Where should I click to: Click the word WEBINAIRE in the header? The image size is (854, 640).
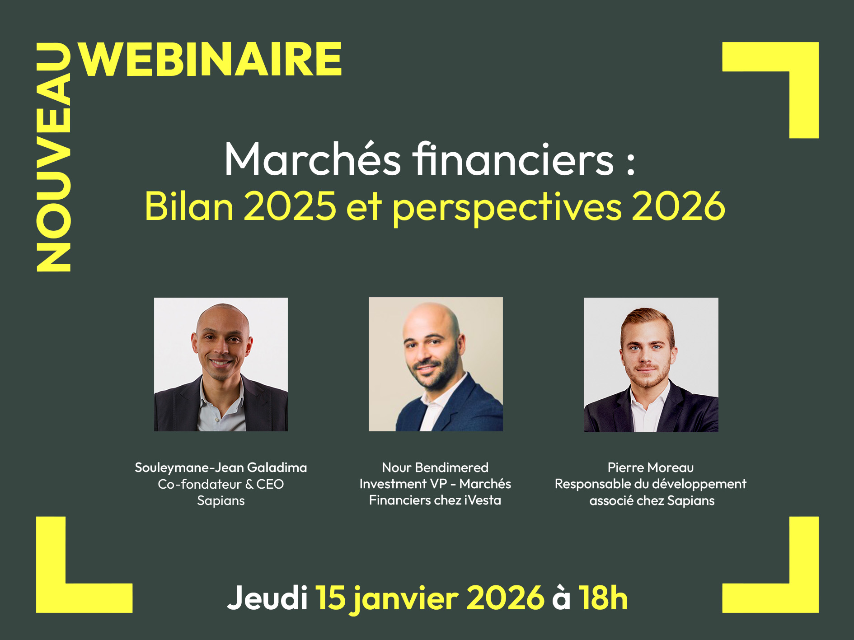pyautogui.click(x=211, y=59)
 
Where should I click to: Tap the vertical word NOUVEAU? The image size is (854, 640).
pyautogui.click(x=54, y=157)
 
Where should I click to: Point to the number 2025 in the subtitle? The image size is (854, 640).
pyautogui.click(x=290, y=206)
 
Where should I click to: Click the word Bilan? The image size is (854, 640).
pyautogui.click(x=189, y=206)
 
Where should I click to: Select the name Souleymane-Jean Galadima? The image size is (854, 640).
pyautogui.click(x=221, y=467)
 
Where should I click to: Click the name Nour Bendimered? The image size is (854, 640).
pyautogui.click(x=435, y=467)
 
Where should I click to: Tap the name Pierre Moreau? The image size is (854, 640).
pyautogui.click(x=650, y=467)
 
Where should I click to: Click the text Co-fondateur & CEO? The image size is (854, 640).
pyautogui.click(x=221, y=484)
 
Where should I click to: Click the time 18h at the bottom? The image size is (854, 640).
pyautogui.click(x=603, y=598)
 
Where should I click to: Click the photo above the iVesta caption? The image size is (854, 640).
pyautogui.click(x=436, y=364)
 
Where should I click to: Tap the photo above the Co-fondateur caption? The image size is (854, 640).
pyautogui.click(x=221, y=364)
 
